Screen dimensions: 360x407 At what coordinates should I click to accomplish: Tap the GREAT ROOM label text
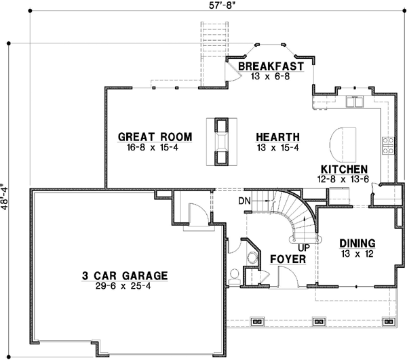[x=155, y=137]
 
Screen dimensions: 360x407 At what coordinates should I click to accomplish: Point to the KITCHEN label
[x=345, y=169]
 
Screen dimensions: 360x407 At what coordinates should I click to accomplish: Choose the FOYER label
[x=288, y=259]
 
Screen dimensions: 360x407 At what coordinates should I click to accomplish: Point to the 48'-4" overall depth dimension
[x=6, y=197]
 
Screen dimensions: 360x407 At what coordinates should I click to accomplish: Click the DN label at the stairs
[x=244, y=201]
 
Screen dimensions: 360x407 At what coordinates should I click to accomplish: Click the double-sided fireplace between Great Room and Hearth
[x=221, y=141]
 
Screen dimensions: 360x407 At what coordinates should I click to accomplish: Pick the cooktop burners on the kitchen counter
[x=389, y=144]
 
